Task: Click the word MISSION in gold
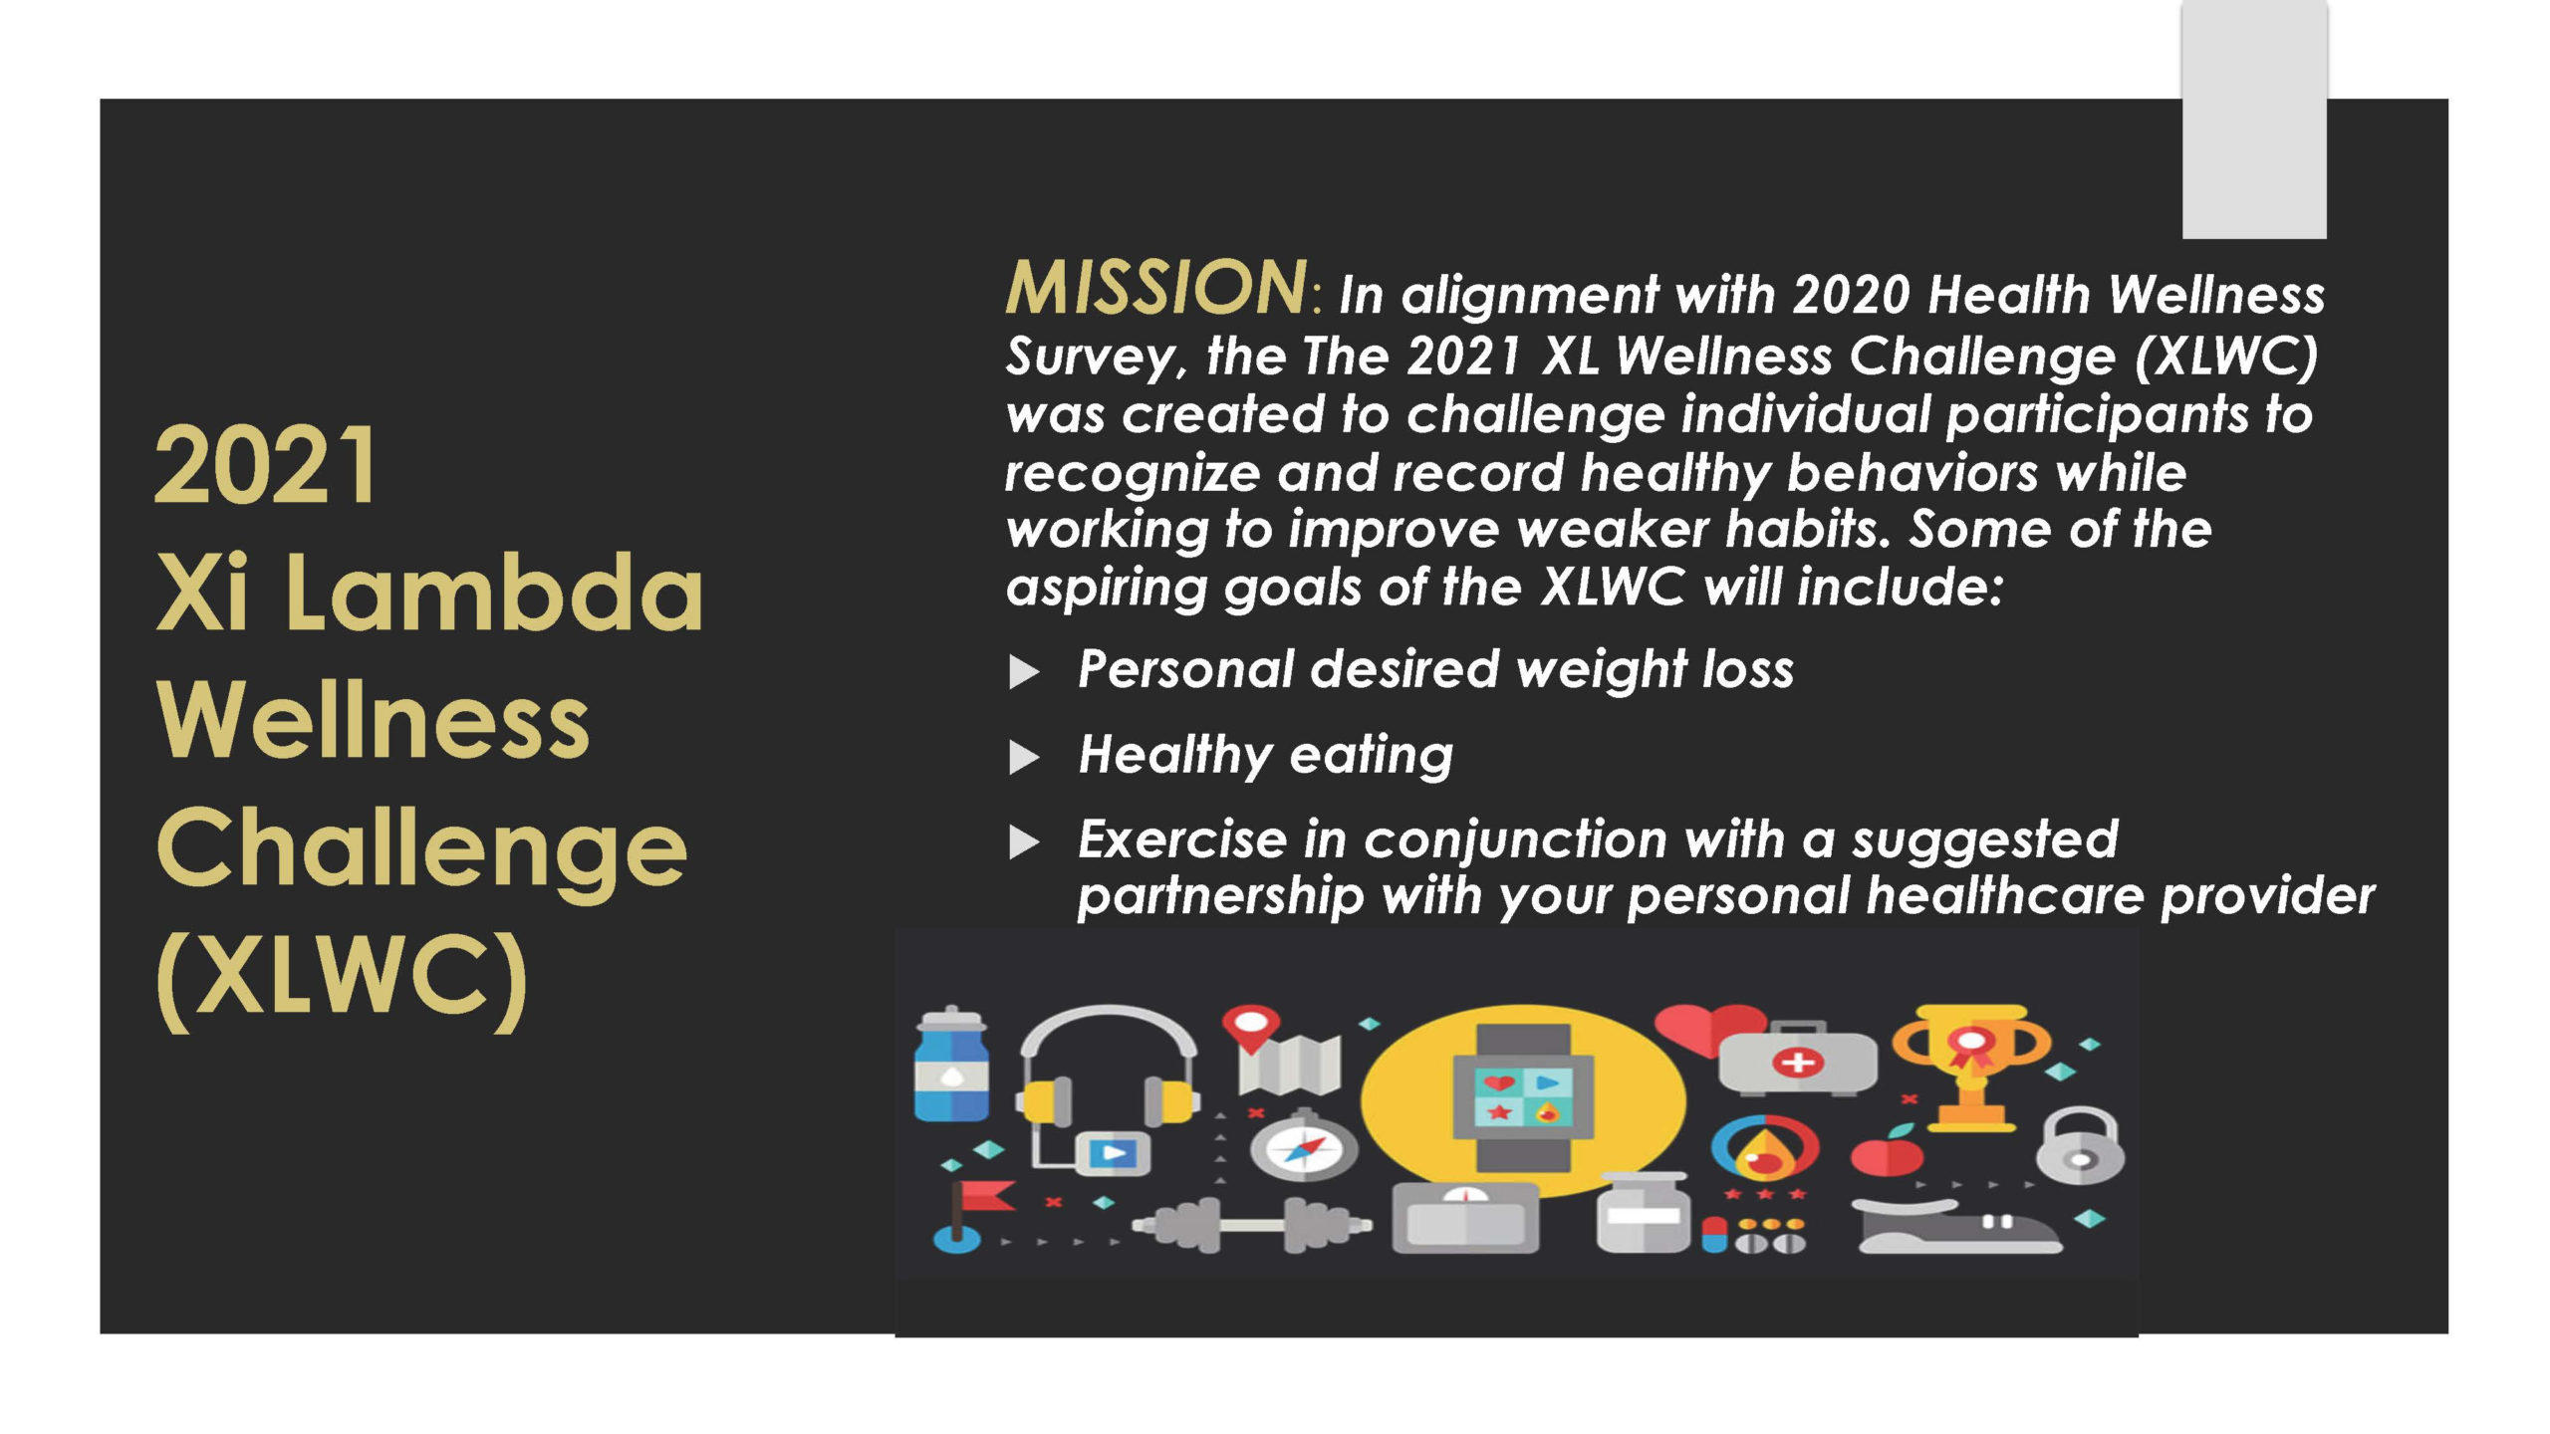[x=1155, y=288]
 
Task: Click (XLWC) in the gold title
[x=342, y=982]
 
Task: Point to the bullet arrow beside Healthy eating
[x=1024, y=758]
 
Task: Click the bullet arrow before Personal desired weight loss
[x=1024, y=671]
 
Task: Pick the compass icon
[x=1303, y=1147]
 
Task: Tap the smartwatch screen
[x=1522, y=1095]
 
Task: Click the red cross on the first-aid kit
[x=1797, y=1062]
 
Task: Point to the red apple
[x=1887, y=1152]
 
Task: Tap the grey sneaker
[x=1958, y=1228]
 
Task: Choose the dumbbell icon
[x=1251, y=1224]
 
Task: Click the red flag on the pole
[x=986, y=1195]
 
